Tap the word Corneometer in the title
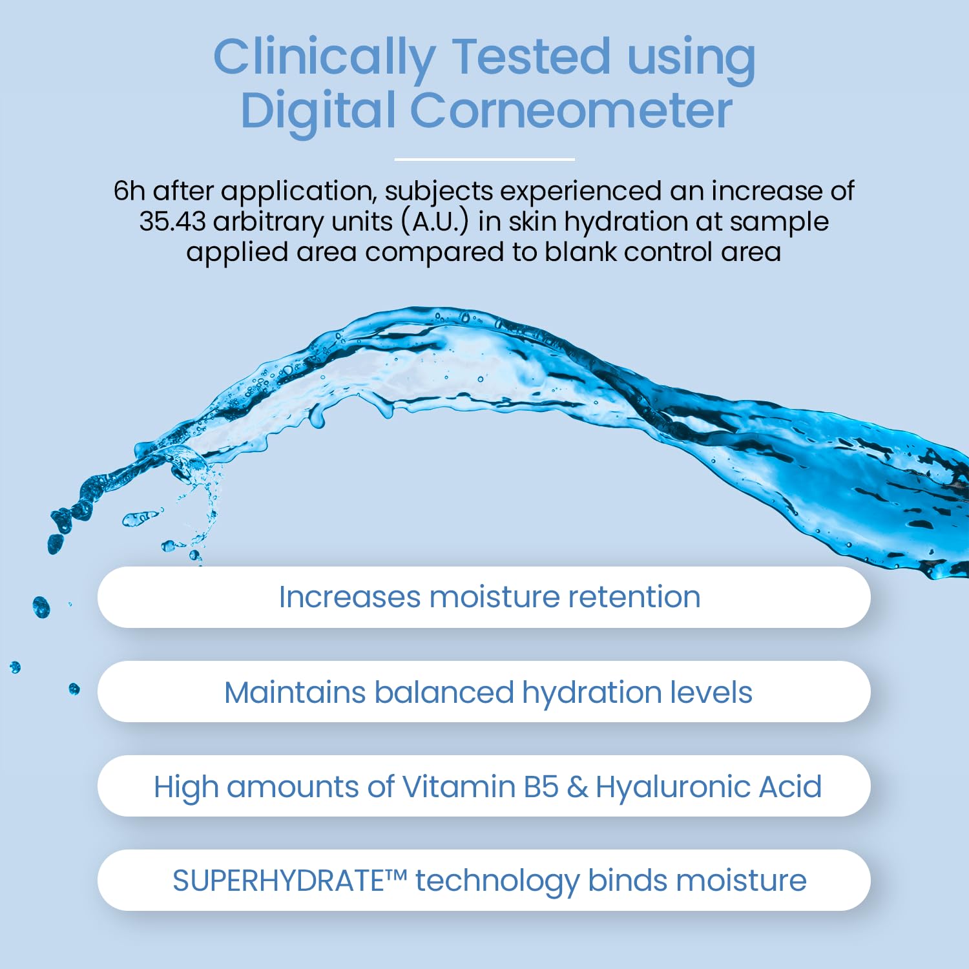pos(571,110)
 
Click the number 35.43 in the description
pos(172,222)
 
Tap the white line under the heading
pos(484,159)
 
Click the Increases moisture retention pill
pos(484,597)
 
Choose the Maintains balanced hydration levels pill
pos(484,692)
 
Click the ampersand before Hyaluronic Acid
pos(577,787)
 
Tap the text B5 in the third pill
pos(541,787)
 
